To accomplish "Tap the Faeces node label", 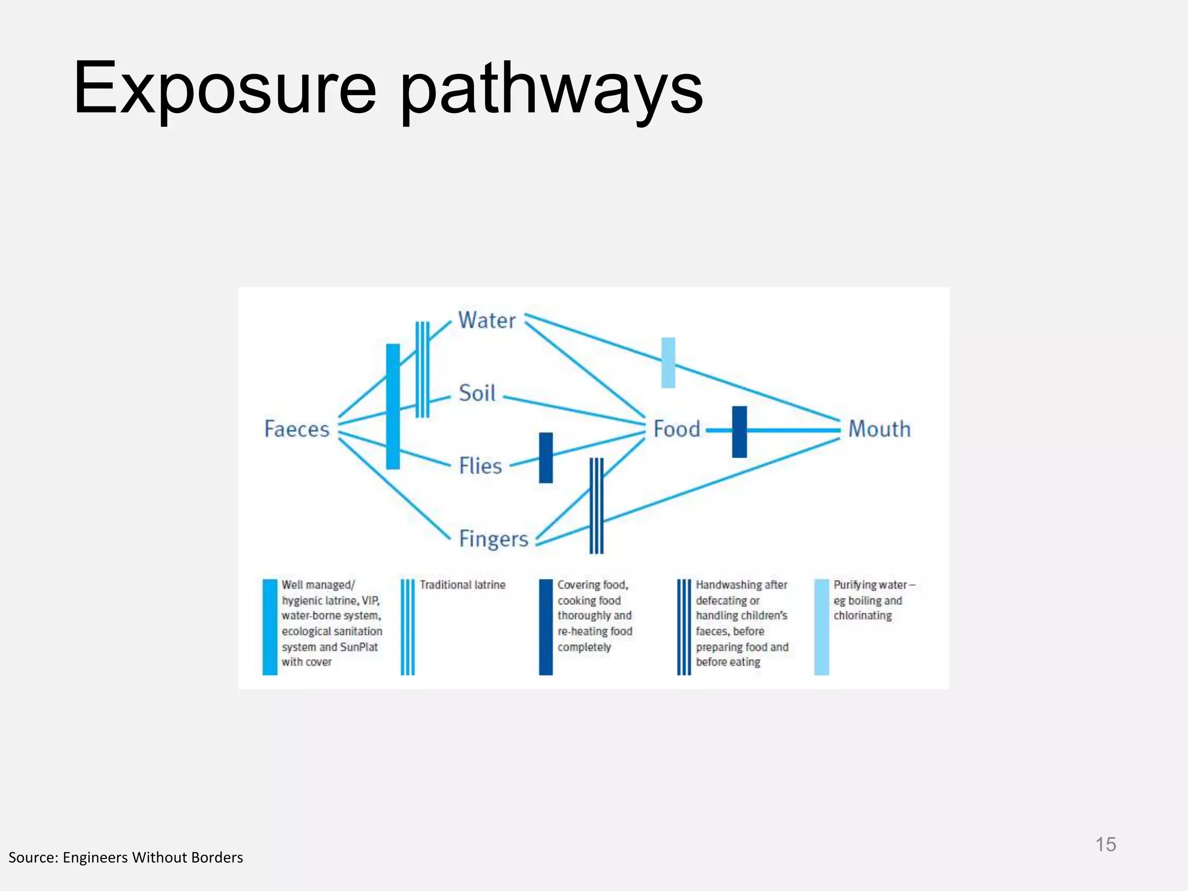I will (296, 429).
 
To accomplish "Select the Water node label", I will (487, 320).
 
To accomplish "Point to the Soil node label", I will (477, 393).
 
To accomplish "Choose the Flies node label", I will (480, 466).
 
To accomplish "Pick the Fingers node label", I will (493, 539).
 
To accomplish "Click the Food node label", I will (676, 429).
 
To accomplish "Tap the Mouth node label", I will (879, 429).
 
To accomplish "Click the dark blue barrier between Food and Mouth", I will (739, 432).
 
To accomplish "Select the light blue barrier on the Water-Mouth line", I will (668, 363).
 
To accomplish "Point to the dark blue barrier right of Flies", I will (546, 458).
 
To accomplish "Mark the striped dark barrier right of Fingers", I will (596, 505).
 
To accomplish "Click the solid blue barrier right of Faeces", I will (393, 406).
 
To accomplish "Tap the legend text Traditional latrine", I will (462, 585).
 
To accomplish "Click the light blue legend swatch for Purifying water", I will (821, 626).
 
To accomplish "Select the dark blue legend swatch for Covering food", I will (546, 626).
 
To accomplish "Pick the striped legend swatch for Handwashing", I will (684, 626).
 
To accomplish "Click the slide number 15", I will (1106, 845).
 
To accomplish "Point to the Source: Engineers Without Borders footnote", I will (126, 857).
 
